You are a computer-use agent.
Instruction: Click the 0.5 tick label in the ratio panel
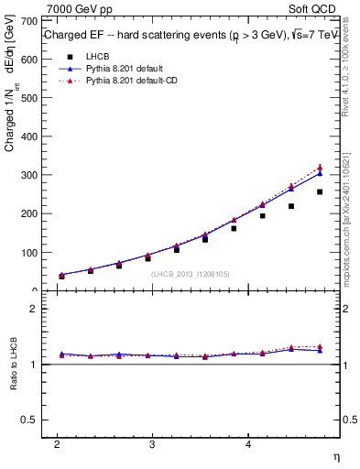[x=27, y=420]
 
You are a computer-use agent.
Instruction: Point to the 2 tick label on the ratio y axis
[x=31, y=309]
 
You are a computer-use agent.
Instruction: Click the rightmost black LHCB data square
[x=320, y=191]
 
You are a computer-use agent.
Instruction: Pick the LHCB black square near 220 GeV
[x=291, y=206]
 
